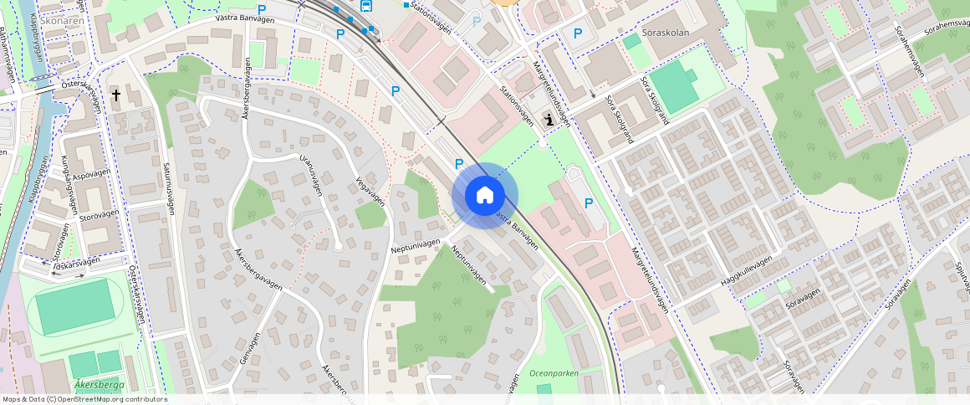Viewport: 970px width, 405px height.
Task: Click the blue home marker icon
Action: click(x=484, y=196)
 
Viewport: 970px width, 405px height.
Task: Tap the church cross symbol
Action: click(x=115, y=96)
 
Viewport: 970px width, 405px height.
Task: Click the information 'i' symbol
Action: click(x=549, y=120)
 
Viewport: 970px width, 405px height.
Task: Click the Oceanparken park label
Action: click(x=554, y=373)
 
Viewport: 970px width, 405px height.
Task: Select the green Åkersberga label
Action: click(x=100, y=385)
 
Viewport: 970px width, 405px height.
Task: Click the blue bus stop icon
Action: click(x=365, y=6)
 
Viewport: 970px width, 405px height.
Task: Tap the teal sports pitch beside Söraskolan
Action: click(x=673, y=86)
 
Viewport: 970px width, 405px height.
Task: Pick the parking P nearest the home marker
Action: click(x=458, y=163)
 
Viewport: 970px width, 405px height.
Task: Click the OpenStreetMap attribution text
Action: click(x=84, y=399)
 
